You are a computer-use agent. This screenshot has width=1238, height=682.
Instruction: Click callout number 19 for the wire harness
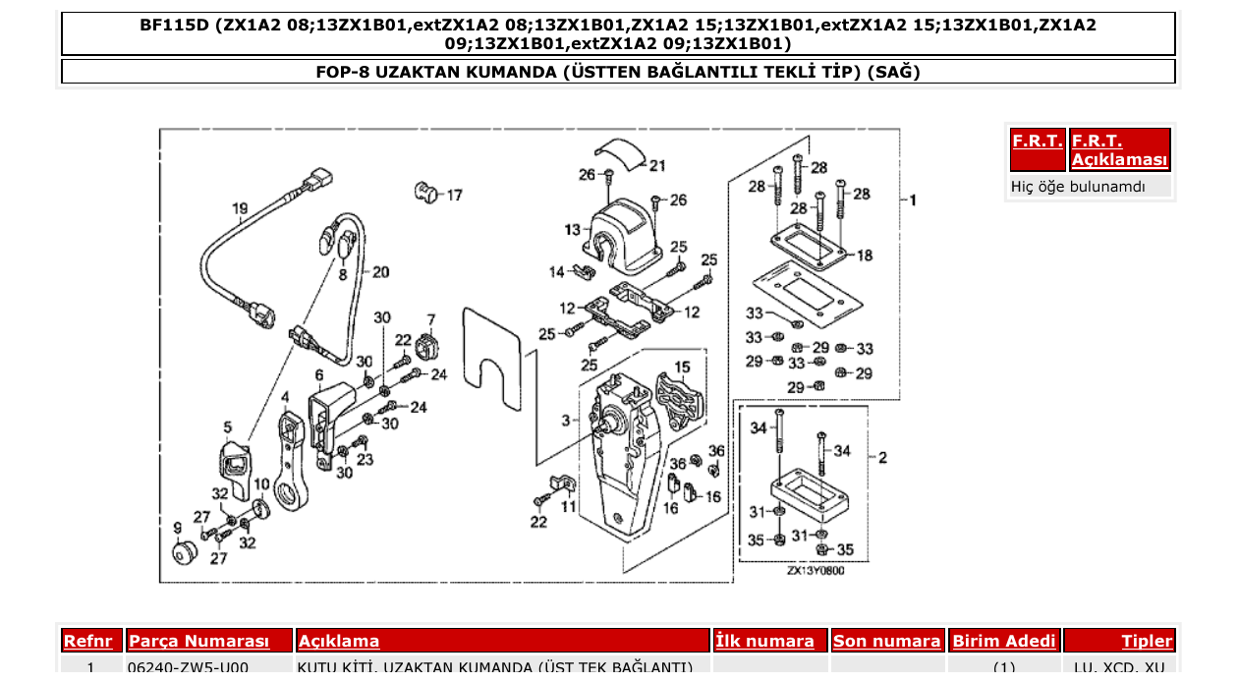[240, 208]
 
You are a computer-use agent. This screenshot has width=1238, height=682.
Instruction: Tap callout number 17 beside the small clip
[454, 196]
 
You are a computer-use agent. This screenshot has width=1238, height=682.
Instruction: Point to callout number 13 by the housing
[572, 230]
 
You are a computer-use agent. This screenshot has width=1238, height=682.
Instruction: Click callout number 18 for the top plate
[864, 256]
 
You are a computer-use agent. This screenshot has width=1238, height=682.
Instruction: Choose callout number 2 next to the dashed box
[882, 458]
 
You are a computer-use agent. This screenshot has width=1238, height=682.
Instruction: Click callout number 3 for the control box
[566, 421]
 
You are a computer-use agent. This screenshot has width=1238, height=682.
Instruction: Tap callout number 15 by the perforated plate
[681, 368]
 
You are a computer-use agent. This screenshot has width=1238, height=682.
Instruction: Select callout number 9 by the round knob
[177, 528]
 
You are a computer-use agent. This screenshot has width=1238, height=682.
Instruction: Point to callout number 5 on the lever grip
[227, 427]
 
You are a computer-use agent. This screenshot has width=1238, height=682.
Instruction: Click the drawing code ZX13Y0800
[815, 571]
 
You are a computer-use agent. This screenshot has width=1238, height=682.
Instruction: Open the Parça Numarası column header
[198, 642]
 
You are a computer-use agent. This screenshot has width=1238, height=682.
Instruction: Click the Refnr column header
[87, 642]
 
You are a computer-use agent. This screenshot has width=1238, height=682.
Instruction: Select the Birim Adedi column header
[1003, 642]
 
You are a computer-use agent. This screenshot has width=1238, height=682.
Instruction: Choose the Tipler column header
[1147, 642]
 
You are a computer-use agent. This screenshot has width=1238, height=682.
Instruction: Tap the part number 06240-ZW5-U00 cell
[188, 668]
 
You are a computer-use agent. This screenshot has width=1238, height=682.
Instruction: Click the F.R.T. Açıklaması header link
[1119, 150]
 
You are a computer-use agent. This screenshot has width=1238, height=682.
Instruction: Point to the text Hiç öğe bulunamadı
[1078, 186]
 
